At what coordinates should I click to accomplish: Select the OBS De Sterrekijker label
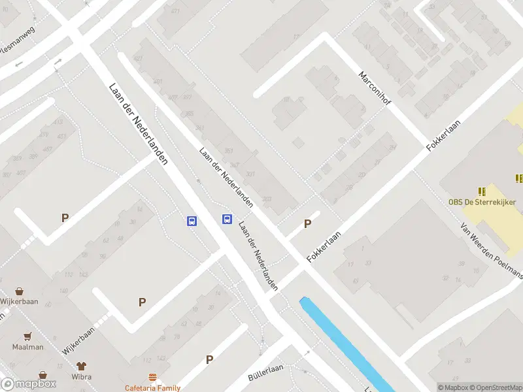click(x=481, y=202)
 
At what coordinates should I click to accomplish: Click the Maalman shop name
click(x=27, y=347)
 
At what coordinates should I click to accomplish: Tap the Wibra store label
click(x=82, y=377)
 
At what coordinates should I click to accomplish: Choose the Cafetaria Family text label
click(x=152, y=388)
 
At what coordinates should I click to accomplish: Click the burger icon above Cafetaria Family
click(x=152, y=378)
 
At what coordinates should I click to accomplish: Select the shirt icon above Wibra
click(x=82, y=367)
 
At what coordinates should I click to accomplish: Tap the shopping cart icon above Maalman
click(x=27, y=336)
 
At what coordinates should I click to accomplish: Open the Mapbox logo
click(x=29, y=384)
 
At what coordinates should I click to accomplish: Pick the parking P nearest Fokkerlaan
click(x=307, y=224)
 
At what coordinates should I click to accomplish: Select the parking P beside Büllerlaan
click(x=210, y=359)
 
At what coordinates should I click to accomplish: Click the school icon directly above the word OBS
click(x=482, y=191)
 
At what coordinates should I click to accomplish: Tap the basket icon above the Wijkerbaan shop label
click(x=20, y=291)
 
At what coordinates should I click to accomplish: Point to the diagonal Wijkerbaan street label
click(x=79, y=340)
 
